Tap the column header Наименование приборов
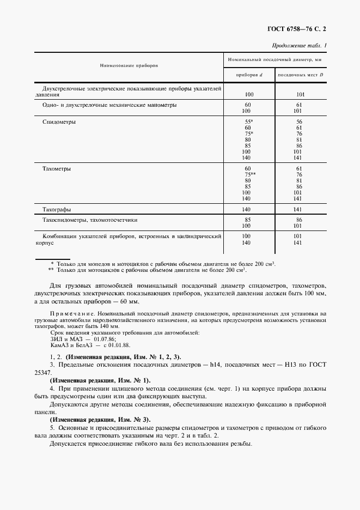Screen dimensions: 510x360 (x=129, y=65)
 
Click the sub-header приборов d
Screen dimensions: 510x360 (x=248, y=74)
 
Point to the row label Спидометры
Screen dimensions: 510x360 (x=59, y=122)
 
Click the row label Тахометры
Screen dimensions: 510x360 (x=57, y=169)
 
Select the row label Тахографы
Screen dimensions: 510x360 (x=57, y=209)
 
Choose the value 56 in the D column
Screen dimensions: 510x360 (x=299, y=122)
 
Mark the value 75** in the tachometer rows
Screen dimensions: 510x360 (x=250, y=175)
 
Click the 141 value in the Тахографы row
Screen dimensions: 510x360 (x=299, y=209)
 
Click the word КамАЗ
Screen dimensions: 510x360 (x=59, y=344)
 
